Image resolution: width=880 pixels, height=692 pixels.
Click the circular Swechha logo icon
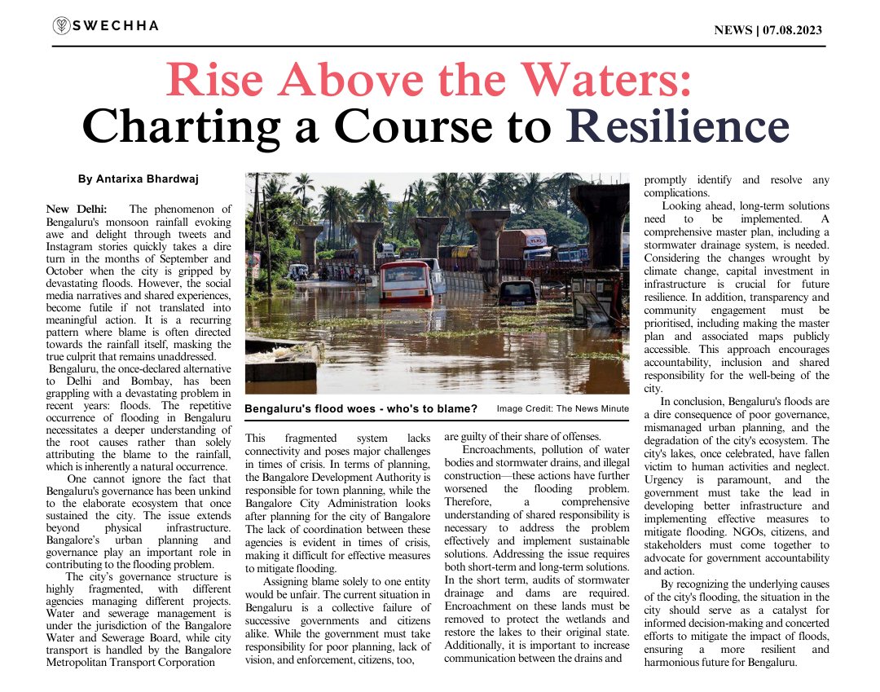pos(61,26)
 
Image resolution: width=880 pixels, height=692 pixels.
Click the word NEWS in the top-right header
pos(733,30)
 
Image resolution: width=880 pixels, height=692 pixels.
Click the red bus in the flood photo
pos(405,281)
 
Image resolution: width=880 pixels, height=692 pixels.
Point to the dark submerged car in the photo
pos(518,293)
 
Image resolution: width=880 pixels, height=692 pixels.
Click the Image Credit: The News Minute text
pos(562,408)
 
